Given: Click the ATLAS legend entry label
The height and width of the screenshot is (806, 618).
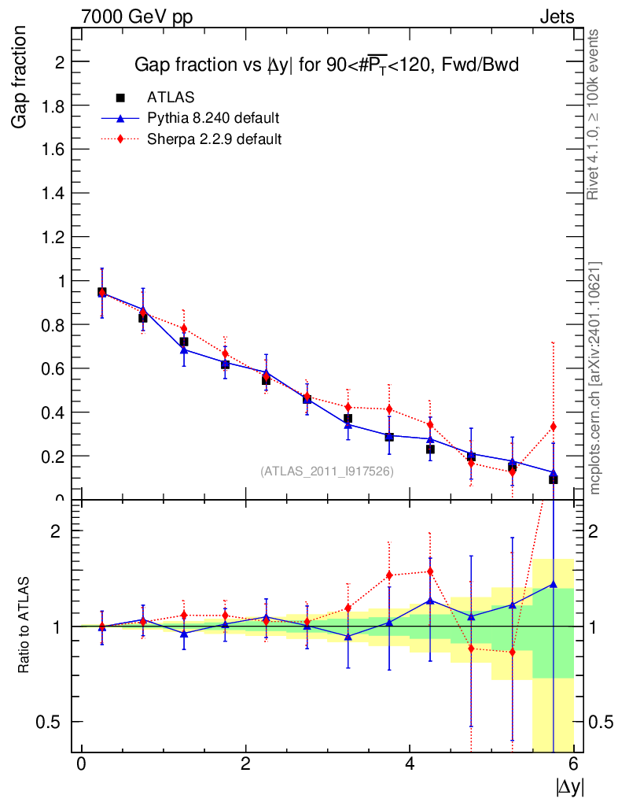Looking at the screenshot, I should tap(171, 98).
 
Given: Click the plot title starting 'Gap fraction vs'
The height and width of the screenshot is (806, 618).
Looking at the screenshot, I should tap(326, 65).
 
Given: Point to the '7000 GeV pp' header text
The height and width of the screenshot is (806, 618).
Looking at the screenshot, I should tap(137, 17).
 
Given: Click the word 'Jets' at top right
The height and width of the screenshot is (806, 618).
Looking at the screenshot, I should tap(556, 17).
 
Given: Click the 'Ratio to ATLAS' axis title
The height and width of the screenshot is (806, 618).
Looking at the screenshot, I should tap(24, 625).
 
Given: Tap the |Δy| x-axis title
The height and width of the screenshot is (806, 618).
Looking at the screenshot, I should tap(569, 786).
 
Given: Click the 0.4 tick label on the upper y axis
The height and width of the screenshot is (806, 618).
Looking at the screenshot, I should tap(56, 412).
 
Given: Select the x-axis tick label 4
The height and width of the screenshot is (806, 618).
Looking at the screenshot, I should tap(410, 764).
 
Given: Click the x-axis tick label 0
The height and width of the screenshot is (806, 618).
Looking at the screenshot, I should tap(81, 764).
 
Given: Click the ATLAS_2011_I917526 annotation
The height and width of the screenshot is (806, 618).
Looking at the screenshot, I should tap(327, 471).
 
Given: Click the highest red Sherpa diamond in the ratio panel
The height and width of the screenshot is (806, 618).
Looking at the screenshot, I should tap(430, 571).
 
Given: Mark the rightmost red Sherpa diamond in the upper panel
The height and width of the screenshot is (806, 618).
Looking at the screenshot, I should tap(554, 427).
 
